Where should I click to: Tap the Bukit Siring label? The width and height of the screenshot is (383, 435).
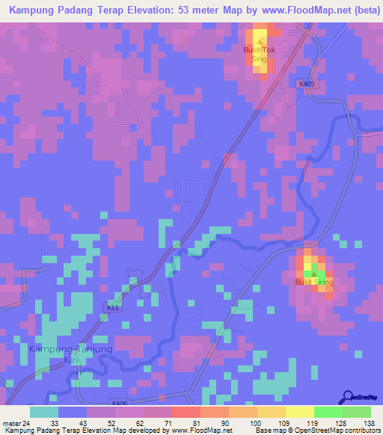tap(313, 282)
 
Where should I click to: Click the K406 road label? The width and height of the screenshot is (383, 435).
tap(120, 404)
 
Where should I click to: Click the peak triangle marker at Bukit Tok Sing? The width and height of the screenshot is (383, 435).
tap(260, 42)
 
